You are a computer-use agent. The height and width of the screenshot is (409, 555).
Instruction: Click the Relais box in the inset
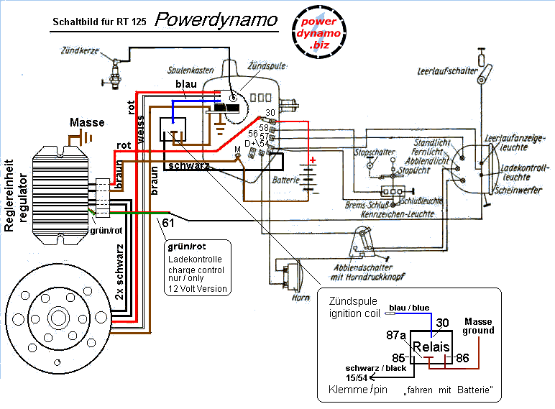431,347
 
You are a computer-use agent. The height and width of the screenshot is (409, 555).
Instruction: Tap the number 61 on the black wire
168,224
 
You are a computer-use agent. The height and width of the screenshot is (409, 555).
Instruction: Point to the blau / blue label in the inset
410,308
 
